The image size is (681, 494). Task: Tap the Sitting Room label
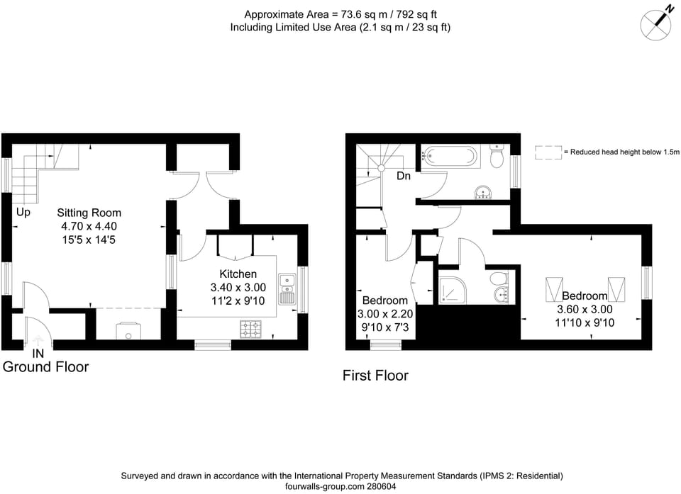click(x=89, y=213)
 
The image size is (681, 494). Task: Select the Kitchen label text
click(x=238, y=274)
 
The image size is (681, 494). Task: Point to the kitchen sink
click(x=287, y=288)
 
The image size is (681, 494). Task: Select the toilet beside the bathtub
click(x=497, y=157)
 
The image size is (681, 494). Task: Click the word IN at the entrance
click(x=38, y=353)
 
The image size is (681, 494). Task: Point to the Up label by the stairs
click(x=23, y=212)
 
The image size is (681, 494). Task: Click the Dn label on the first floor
click(x=404, y=176)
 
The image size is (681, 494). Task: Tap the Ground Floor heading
click(x=46, y=367)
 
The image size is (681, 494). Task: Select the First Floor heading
click(x=375, y=376)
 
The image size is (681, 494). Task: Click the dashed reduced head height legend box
click(x=548, y=152)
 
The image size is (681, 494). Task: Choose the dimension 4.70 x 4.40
click(x=89, y=226)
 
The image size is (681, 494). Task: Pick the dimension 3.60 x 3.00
click(x=585, y=310)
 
